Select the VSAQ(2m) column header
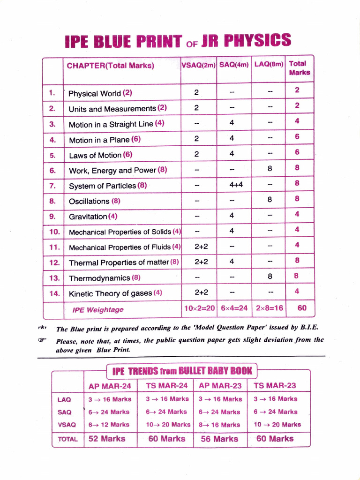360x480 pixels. pyautogui.click(x=198, y=65)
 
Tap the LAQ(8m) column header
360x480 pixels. pyautogui.click(x=269, y=64)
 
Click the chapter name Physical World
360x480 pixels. pyautogui.click(x=95, y=93)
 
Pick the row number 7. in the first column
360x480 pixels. pyautogui.click(x=52, y=186)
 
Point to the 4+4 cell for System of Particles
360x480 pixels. pyautogui.click(x=236, y=185)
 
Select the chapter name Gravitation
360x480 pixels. pyautogui.click(x=88, y=217)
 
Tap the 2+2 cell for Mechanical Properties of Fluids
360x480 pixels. pyautogui.click(x=201, y=246)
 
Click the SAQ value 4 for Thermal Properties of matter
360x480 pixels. pyautogui.click(x=232, y=262)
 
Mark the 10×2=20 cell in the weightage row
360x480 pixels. pyautogui.click(x=198, y=308)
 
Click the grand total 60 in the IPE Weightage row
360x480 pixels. pyautogui.click(x=302, y=308)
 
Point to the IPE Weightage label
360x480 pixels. pyautogui.click(x=98, y=310)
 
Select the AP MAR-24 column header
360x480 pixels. pyautogui.click(x=110, y=386)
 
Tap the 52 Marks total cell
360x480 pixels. pyautogui.click(x=107, y=439)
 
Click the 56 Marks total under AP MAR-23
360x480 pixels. pyautogui.click(x=219, y=439)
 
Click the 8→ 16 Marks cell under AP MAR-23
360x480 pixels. pyautogui.click(x=220, y=425)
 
